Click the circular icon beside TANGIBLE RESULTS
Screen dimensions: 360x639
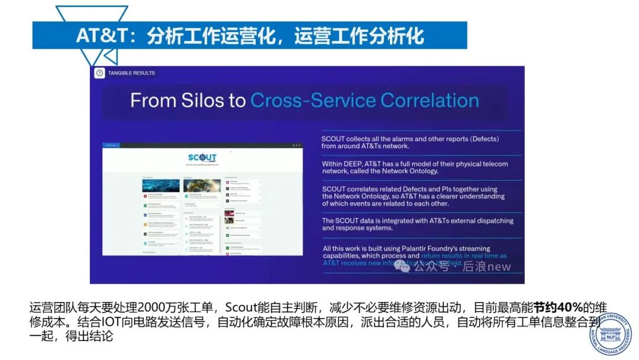click(99, 73)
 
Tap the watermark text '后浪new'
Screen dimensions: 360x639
click(486, 266)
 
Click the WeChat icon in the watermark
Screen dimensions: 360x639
click(402, 266)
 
